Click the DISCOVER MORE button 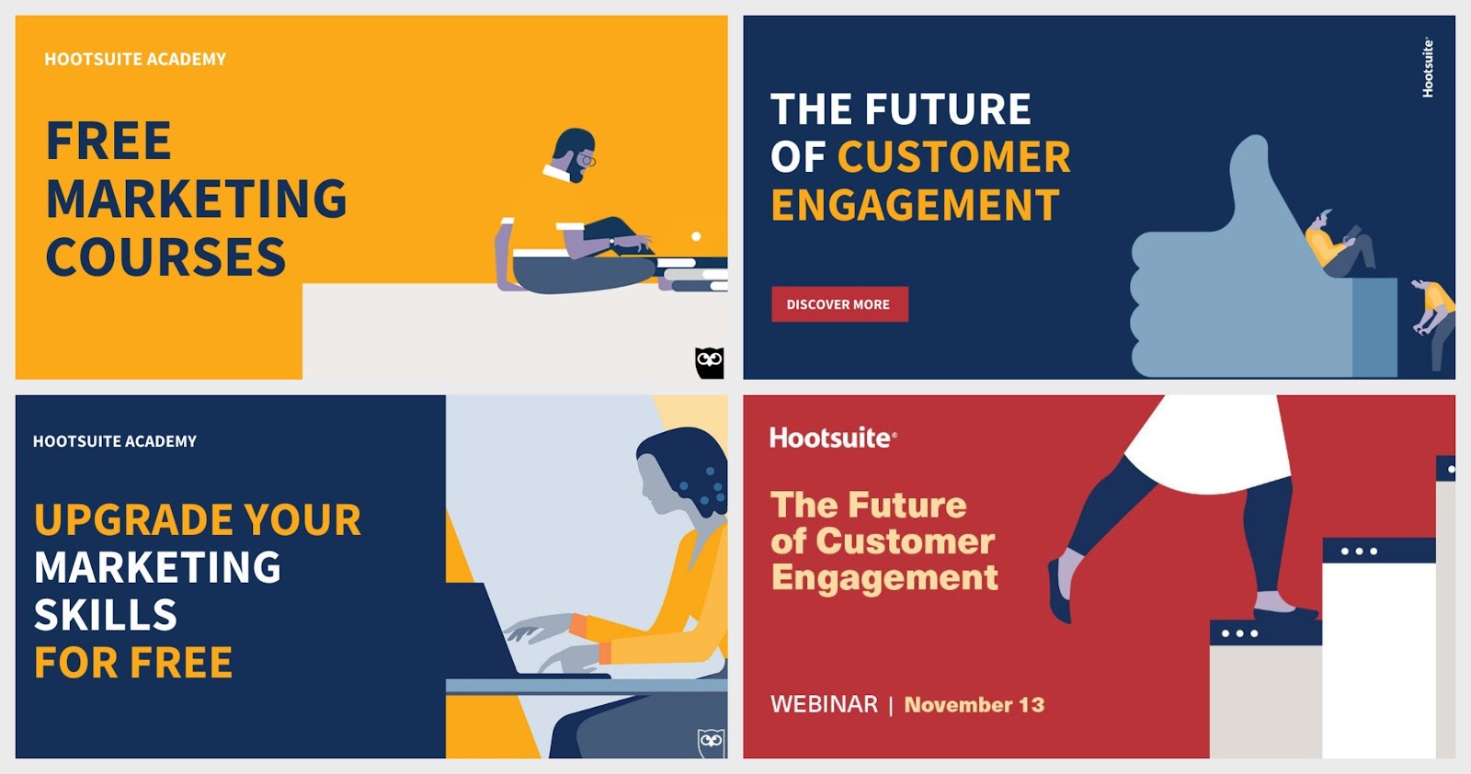tap(839, 304)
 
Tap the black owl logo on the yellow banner tap(709, 362)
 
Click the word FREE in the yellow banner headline tap(108, 141)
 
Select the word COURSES tap(165, 256)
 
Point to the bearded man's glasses tap(587, 159)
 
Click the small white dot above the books tap(696, 235)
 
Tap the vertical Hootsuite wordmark tap(1428, 68)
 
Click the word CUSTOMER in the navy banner tap(953, 157)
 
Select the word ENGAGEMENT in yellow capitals tap(915, 205)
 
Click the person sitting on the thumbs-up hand tap(1340, 245)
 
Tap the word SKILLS tap(105, 614)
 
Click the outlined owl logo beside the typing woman tap(711, 743)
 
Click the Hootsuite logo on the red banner tap(833, 438)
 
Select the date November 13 tap(974, 704)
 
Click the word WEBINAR tap(824, 704)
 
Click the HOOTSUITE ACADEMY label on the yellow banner tap(135, 59)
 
